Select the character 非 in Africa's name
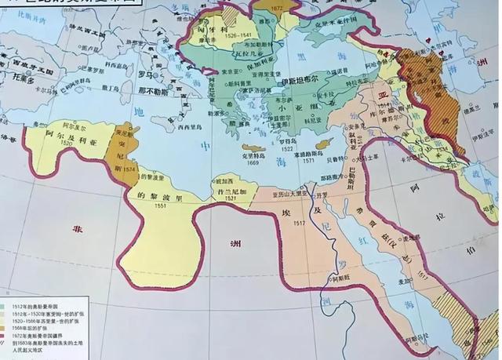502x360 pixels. click(78, 229)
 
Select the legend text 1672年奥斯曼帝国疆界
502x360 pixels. click(42, 336)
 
